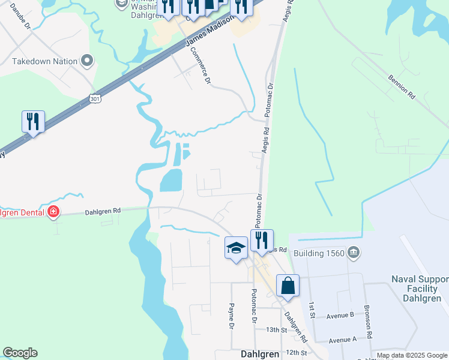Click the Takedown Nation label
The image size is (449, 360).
tap(45, 61)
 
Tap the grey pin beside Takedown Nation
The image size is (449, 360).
tap(88, 61)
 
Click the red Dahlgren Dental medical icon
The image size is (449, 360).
tap(53, 211)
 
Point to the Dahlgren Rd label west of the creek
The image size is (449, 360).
tap(103, 211)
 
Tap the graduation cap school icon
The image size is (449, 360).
tap(236, 247)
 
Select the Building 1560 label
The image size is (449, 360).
tap(319, 253)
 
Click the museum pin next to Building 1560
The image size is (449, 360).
tap(354, 252)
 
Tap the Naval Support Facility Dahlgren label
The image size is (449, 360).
tap(420, 289)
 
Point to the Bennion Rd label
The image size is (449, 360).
tap(402, 87)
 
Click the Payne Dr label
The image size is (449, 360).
tap(231, 316)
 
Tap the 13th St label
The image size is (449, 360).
tap(277, 330)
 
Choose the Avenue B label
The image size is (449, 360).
tap(340, 316)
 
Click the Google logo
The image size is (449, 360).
tap(20, 353)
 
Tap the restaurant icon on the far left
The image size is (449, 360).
tap(32, 122)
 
